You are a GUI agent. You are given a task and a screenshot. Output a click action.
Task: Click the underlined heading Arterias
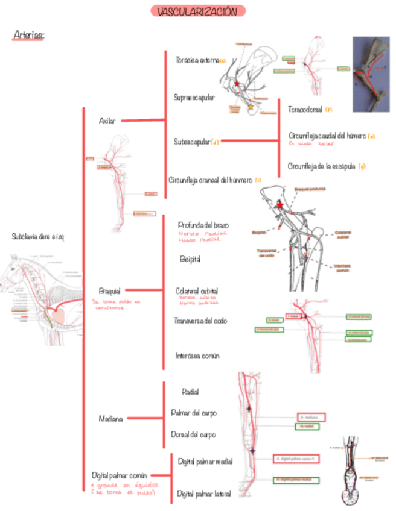(28, 36)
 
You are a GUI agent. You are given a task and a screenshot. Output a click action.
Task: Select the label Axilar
(107, 121)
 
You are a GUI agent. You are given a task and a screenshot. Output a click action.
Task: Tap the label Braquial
(109, 290)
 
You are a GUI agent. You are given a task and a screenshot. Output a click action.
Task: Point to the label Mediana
(111, 418)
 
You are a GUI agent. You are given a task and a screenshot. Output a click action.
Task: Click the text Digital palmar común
(120, 475)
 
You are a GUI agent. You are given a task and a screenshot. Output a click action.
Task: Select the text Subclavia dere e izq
(36, 237)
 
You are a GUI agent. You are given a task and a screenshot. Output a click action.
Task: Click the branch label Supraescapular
(194, 96)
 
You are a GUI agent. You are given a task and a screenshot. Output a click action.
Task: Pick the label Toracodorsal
(305, 110)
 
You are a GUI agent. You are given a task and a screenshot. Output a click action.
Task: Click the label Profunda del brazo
(203, 225)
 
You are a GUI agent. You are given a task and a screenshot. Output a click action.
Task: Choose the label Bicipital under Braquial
(190, 259)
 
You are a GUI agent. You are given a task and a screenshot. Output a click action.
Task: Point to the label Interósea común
(197, 356)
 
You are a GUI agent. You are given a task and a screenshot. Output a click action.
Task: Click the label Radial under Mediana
(190, 392)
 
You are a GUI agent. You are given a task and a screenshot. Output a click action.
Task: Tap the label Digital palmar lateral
(204, 494)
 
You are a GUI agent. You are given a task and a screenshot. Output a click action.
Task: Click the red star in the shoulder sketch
(237, 83)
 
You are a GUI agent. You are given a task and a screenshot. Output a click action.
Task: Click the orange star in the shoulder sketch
(251, 107)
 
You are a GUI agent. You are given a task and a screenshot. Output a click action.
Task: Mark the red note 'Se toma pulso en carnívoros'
(116, 304)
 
